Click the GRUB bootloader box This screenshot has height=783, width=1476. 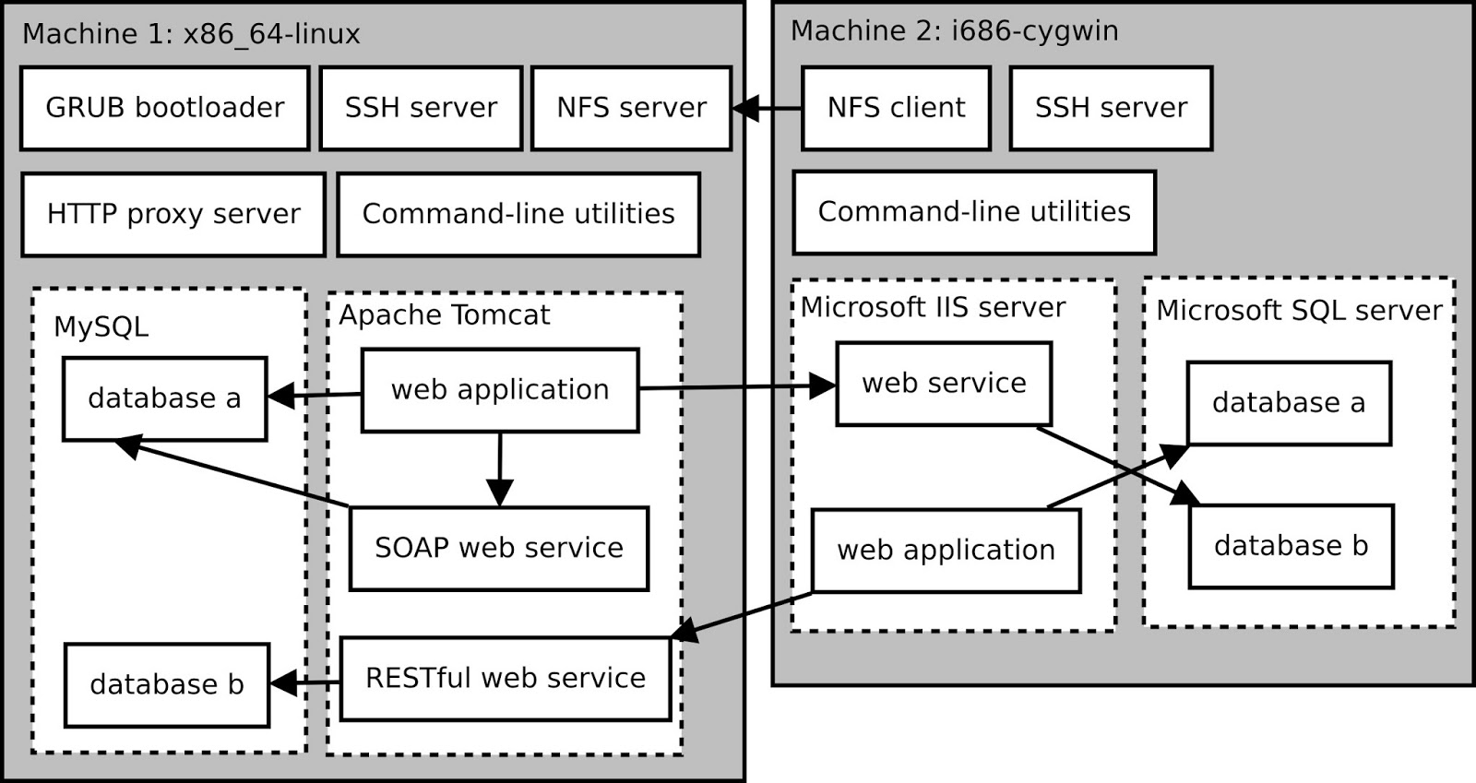[164, 108]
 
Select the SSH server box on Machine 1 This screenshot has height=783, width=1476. [421, 108]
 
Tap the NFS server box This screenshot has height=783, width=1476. [631, 108]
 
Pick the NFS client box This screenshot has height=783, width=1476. [896, 108]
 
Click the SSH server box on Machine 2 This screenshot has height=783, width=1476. [1111, 108]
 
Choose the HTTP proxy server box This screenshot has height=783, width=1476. [173, 214]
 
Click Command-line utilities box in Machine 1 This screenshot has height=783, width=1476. [518, 214]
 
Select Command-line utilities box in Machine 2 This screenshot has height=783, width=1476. [974, 212]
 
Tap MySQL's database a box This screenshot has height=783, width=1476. [164, 398]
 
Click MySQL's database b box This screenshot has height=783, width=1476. [166, 684]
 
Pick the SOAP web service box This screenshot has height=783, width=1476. [498, 548]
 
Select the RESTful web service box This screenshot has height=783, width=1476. [506, 678]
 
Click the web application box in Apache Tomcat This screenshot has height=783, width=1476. [500, 389]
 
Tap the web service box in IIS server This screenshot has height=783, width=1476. [944, 383]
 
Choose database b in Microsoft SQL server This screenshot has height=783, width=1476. [1291, 546]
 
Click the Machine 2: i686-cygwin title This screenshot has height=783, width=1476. [954, 30]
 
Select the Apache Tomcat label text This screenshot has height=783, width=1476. [444, 315]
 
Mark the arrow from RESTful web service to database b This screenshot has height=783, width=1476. [305, 683]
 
